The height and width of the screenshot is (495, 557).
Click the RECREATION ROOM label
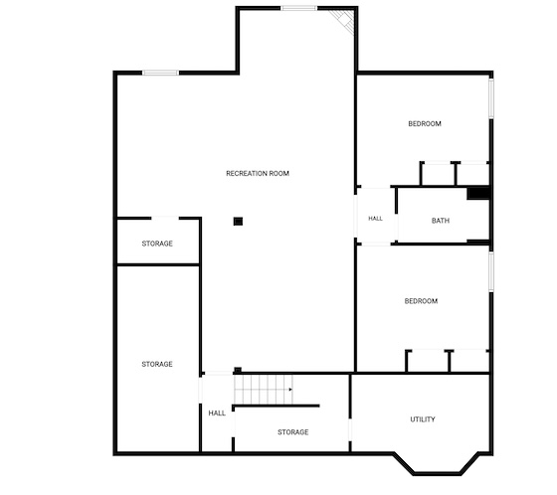[258, 173]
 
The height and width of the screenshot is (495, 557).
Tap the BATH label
[441, 221]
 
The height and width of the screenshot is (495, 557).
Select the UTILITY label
[423, 419]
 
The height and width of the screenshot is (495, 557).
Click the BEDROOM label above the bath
[425, 123]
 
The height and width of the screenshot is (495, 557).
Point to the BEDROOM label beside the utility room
[421, 301]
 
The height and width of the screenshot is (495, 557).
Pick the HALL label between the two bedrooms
[376, 219]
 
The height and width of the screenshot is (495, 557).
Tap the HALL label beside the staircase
[217, 412]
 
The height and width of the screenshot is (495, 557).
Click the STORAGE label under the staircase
[293, 432]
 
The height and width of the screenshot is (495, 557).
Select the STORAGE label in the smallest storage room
[157, 244]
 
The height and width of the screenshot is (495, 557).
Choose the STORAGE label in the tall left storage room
[157, 364]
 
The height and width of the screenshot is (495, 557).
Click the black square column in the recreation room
[238, 222]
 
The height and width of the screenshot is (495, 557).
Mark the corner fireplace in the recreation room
[344, 20]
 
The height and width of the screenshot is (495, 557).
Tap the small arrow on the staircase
[290, 390]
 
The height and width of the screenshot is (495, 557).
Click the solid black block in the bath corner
[478, 194]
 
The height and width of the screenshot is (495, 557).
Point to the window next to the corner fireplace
[298, 8]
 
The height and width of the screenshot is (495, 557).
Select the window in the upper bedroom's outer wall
[491, 98]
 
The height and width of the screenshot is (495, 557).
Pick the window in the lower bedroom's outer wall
[491, 271]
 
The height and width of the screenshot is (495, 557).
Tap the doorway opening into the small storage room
[165, 218]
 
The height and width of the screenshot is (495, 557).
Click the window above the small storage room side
[160, 73]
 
